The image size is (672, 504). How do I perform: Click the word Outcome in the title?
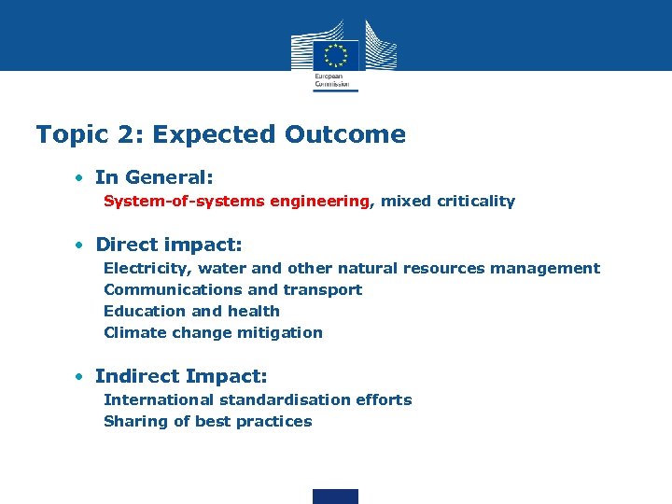pos(345,134)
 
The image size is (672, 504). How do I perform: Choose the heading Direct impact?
pos(168,245)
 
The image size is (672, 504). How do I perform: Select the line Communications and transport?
pos(232,289)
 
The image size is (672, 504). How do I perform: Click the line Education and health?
pos(191,311)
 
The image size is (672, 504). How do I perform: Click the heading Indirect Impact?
pos(181,376)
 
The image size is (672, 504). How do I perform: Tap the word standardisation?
pos(278,399)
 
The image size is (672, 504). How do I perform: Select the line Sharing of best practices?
pos(207,421)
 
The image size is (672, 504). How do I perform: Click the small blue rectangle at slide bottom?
pos(335,496)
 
